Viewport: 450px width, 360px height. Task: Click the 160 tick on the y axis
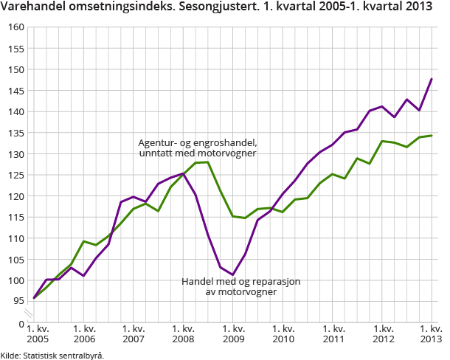point(15,27)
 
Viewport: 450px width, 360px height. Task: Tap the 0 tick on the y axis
point(21,323)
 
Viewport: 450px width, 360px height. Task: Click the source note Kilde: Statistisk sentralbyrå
point(52,355)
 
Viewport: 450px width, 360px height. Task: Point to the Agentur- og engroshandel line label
point(198,148)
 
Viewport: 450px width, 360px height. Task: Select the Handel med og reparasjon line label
point(231,286)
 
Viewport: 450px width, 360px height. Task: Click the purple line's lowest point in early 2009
point(232,275)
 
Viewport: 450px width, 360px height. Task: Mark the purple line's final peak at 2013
point(432,79)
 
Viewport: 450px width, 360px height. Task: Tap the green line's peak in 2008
point(208,162)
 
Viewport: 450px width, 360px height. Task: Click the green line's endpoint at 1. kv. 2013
point(432,136)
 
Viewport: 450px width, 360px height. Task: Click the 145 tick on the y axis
point(15,91)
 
